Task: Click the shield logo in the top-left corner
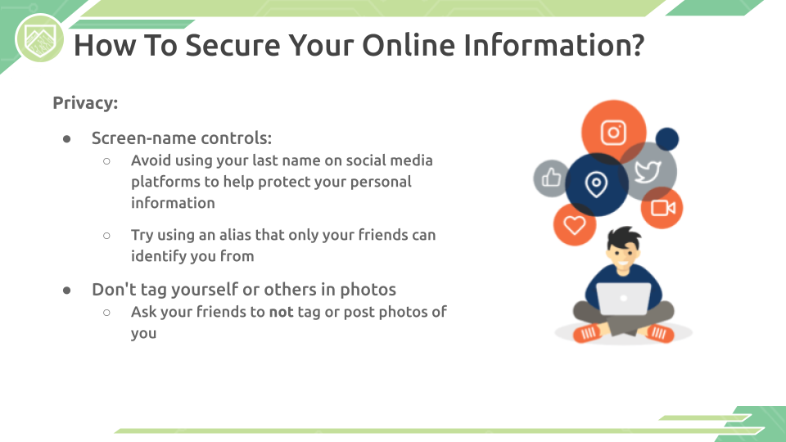click(x=39, y=38)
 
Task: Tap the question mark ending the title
click(x=638, y=44)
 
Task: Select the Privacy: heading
click(x=85, y=103)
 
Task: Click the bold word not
click(x=281, y=312)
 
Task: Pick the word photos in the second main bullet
click(x=368, y=289)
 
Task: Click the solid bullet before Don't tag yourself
click(x=66, y=290)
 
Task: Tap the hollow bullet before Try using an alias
click(x=106, y=236)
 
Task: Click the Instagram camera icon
click(x=613, y=133)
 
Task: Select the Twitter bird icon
click(x=648, y=171)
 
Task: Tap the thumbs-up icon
click(x=551, y=177)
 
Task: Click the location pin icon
click(x=596, y=184)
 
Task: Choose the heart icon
click(x=575, y=224)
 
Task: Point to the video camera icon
click(x=662, y=207)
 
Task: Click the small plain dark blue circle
click(x=666, y=139)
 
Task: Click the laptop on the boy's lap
click(x=623, y=300)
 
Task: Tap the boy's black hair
click(x=624, y=237)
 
